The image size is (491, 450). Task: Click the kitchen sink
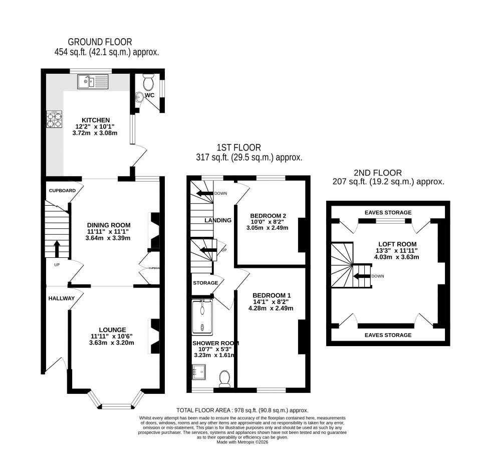tap(93, 81)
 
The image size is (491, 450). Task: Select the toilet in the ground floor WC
tap(148, 82)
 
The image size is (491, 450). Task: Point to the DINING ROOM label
tap(109, 225)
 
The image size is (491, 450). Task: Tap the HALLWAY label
tap(62, 298)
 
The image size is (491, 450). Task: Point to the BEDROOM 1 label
tap(272, 295)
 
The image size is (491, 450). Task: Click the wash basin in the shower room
tap(199, 371)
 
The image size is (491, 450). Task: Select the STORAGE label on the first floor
tap(205, 283)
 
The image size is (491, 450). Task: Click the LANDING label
tap(218, 220)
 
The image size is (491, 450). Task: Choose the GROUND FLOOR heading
tap(100, 42)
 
